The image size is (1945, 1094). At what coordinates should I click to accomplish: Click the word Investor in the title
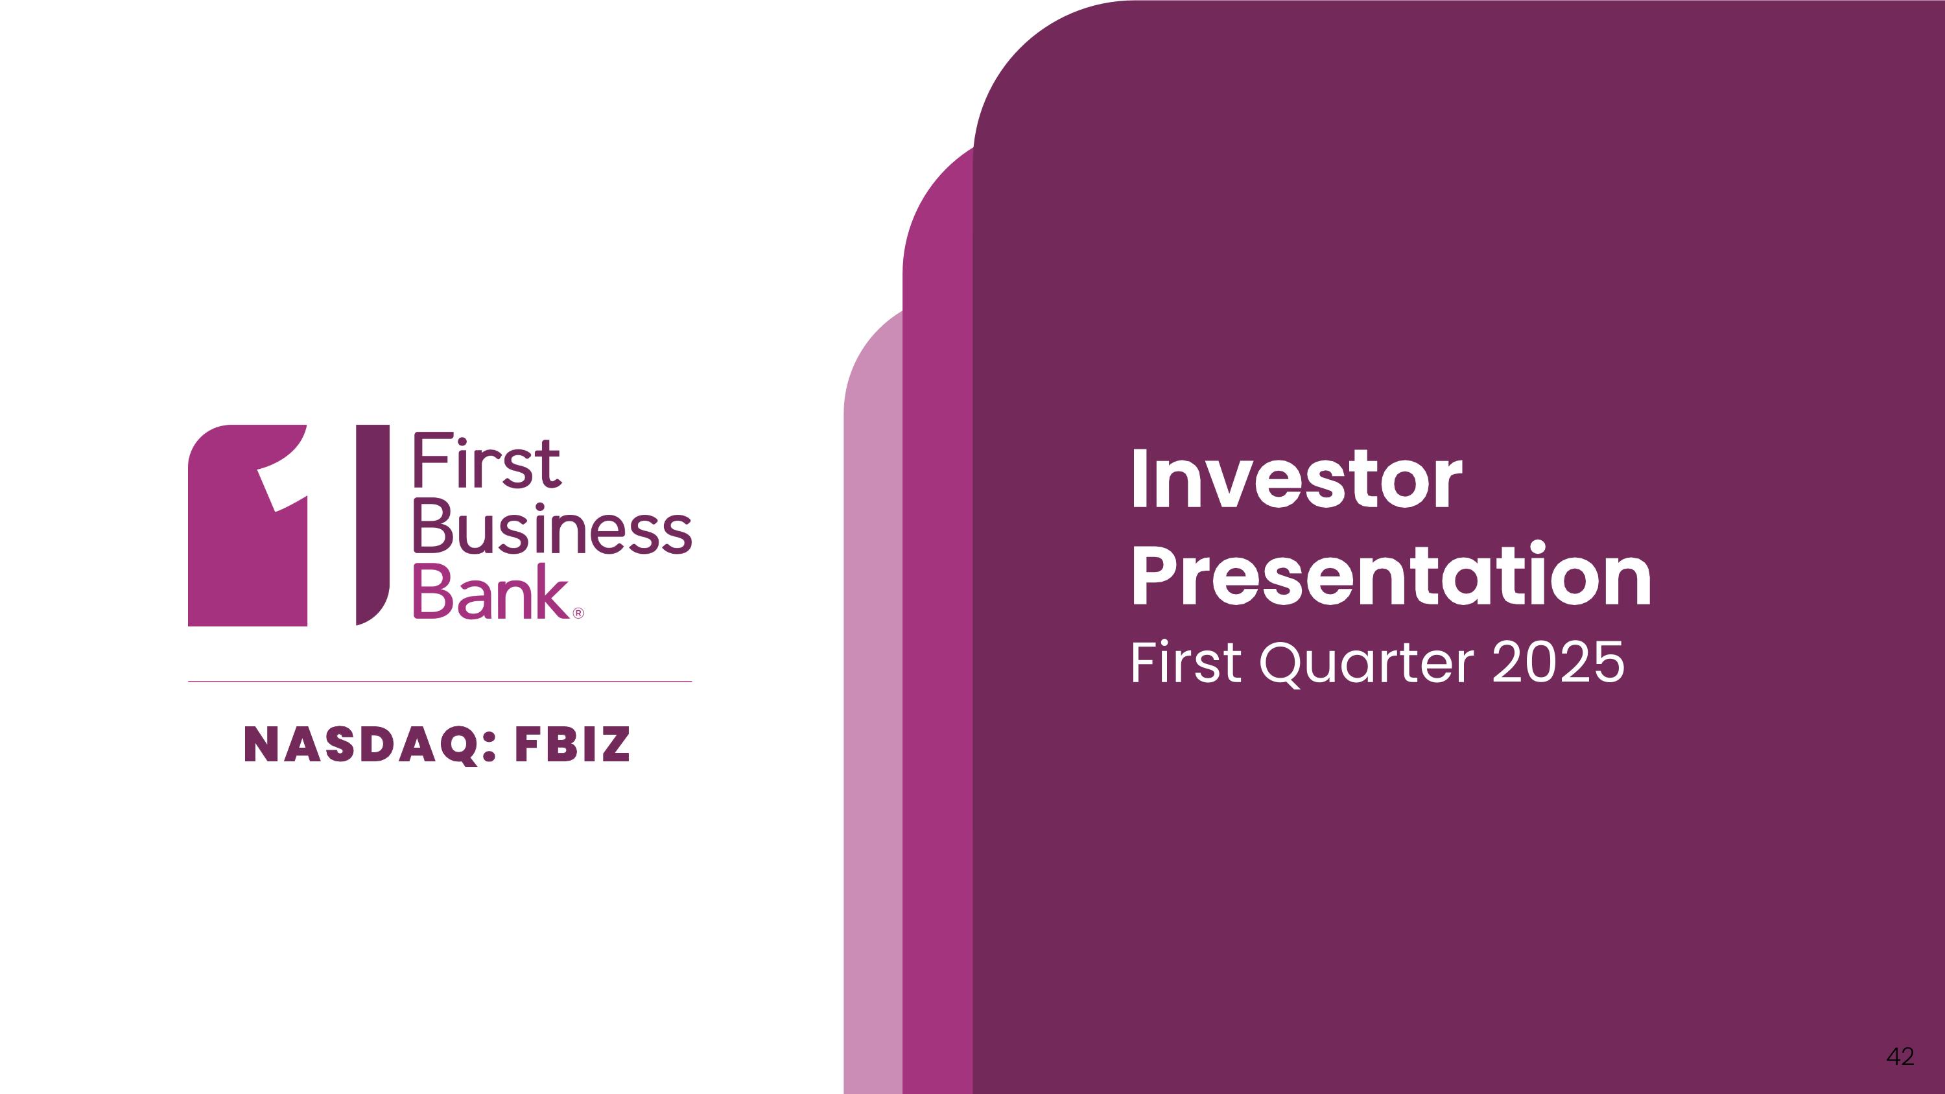pyautogui.click(x=1297, y=479)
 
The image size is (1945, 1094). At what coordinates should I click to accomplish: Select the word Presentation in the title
pyautogui.click(x=1391, y=575)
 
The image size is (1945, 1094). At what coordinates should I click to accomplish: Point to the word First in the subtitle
pyautogui.click(x=1185, y=662)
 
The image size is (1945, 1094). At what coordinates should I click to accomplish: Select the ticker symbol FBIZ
pyautogui.click(x=572, y=744)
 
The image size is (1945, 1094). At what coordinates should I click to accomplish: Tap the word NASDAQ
pyautogui.click(x=362, y=745)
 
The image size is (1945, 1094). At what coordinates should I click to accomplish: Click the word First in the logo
pyautogui.click(x=487, y=460)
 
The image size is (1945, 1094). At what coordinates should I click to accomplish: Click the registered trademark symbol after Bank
pyautogui.click(x=578, y=613)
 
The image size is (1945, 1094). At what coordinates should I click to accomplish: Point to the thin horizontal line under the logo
pyautogui.click(x=440, y=682)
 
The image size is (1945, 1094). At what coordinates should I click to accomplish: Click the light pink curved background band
pyautogui.click(x=873, y=717)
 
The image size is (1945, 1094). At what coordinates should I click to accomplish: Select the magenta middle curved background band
pyautogui.click(x=937, y=642)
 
